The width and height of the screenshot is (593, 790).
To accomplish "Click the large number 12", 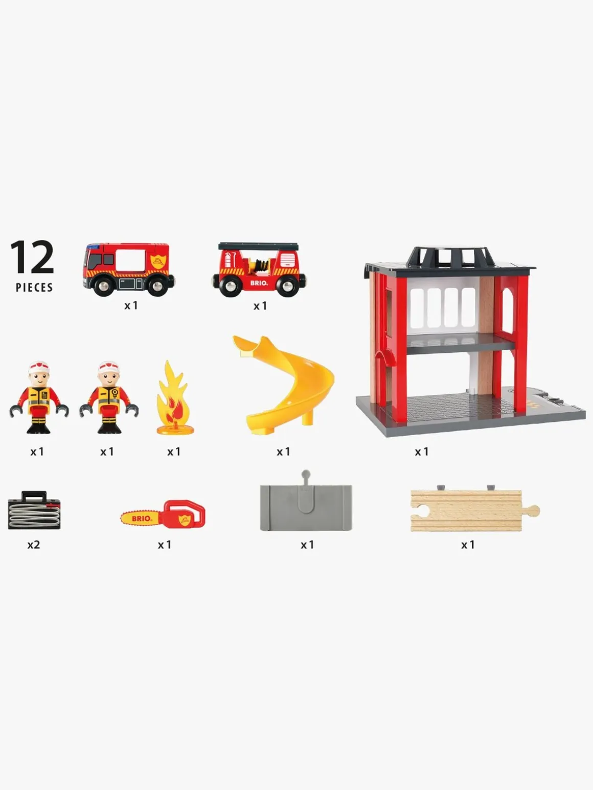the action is (x=32, y=257).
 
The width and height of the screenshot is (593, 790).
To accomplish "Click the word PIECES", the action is (x=34, y=288).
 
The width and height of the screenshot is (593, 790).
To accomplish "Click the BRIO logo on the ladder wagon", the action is (x=259, y=283).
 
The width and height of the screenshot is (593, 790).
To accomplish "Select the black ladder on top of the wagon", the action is (x=258, y=246).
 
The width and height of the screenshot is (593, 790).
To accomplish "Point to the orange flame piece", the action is (x=173, y=397).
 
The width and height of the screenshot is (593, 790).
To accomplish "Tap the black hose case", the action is (x=34, y=510).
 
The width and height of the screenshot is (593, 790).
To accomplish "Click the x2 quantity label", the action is (x=34, y=545).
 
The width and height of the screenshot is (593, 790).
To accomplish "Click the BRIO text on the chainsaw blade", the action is (x=141, y=519).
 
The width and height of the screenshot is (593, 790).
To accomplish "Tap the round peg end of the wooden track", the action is (x=534, y=510).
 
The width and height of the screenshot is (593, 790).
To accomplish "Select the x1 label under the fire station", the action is (x=422, y=452).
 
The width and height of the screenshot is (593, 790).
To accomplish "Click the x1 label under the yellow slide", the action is (x=283, y=452).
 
